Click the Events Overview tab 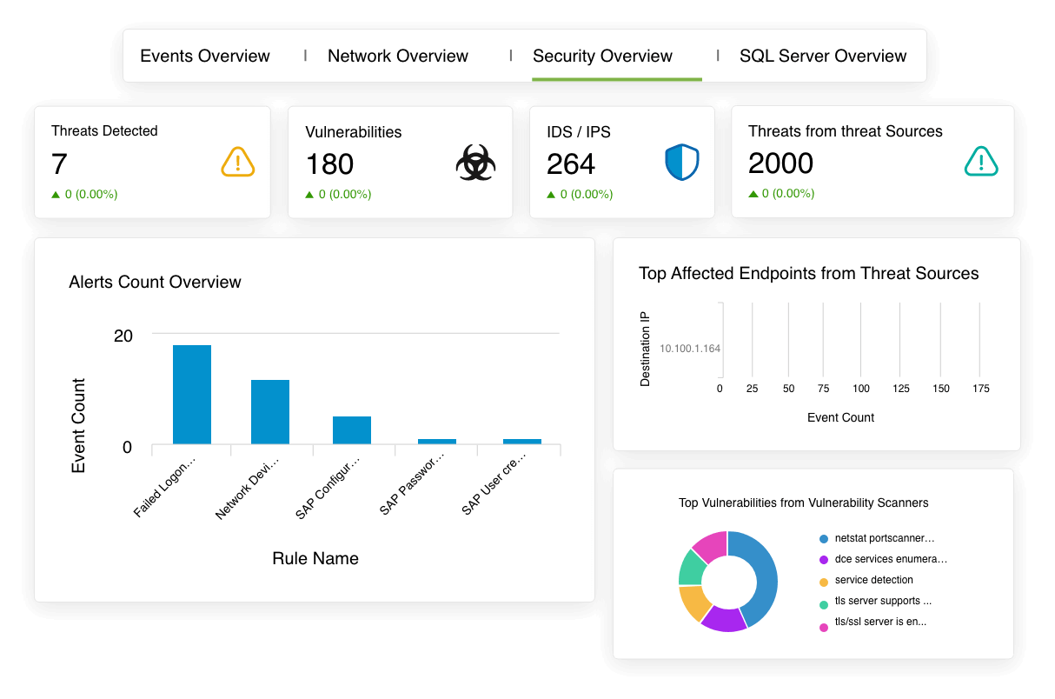tap(205, 56)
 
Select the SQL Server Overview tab tap(823, 56)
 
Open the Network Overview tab tap(398, 56)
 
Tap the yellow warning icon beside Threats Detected tap(237, 162)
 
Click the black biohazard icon tap(476, 163)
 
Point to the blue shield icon tap(682, 163)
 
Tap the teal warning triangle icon tap(981, 162)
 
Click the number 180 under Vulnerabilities tap(329, 163)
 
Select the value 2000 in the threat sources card tap(780, 163)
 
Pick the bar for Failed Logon tap(192, 395)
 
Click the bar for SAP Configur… tap(352, 430)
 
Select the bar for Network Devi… tap(270, 412)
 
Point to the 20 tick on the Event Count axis tap(123, 336)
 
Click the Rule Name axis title tap(315, 558)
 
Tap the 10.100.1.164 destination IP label tap(690, 349)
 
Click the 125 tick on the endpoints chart tap(901, 389)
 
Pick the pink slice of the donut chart tap(712, 544)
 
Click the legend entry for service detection tap(873, 580)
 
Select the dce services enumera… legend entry tap(891, 559)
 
